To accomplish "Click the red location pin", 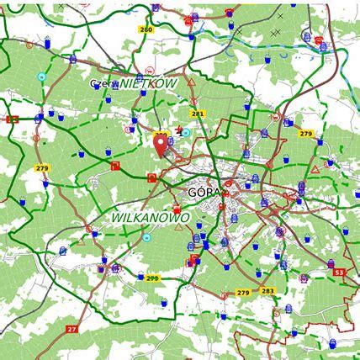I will pos(161,146).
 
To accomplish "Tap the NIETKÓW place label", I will pos(149,84).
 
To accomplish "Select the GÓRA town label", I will pos(204,192).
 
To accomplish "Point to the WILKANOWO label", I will pos(151,218).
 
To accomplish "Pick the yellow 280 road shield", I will pos(146,29).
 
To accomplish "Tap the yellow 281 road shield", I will pos(198,113).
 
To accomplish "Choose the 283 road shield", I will pos(267,291).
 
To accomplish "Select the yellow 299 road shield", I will pos(151,278).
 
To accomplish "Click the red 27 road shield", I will pos(71,328).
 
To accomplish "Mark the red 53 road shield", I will pos(339,273).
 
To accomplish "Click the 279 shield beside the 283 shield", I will pos(243,292).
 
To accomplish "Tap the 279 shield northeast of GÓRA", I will pos(305,134).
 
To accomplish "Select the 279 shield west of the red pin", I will pos(42,168).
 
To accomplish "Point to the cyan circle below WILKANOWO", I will pos(146,238).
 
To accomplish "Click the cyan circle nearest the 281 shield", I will pos(187,133).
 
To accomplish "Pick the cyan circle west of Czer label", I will pos(41,76).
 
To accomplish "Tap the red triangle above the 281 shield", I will pos(192,82).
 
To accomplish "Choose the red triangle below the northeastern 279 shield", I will pos(315,169).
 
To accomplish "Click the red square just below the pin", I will pos(152,177).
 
